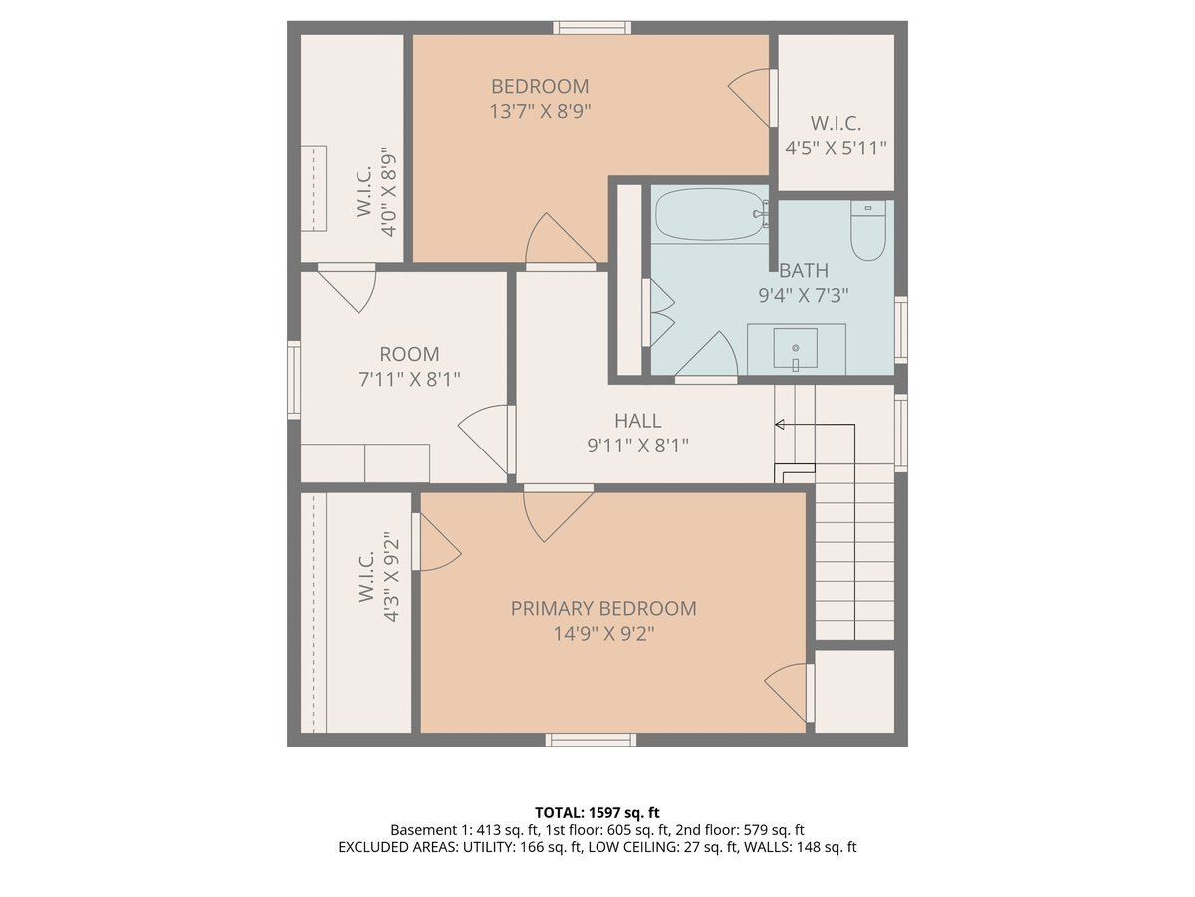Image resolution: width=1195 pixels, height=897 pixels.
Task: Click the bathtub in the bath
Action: click(710, 214)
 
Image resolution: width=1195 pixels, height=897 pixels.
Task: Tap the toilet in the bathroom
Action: click(867, 231)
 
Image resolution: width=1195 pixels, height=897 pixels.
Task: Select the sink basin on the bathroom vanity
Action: click(795, 348)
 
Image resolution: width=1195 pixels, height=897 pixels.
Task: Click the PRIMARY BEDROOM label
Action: click(603, 608)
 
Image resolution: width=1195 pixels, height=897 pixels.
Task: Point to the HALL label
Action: click(637, 421)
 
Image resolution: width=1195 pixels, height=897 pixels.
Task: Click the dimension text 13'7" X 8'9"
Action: click(540, 111)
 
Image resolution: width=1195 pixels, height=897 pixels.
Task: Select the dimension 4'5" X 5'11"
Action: click(836, 148)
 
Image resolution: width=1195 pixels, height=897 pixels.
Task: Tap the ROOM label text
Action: click(409, 354)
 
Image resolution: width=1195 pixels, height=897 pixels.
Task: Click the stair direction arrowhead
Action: click(779, 424)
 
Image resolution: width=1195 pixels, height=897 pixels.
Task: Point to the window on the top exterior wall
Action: click(593, 28)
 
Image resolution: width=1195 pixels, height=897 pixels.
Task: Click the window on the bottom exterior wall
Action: click(591, 740)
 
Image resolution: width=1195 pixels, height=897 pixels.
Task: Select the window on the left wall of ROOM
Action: click(294, 380)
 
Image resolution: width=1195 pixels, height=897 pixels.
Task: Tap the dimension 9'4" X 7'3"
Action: click(804, 296)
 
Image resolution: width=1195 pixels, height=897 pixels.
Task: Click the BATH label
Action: click(804, 271)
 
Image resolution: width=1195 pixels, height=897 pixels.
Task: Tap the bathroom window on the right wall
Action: click(901, 330)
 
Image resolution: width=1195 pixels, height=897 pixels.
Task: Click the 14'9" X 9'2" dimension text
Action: click(603, 634)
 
